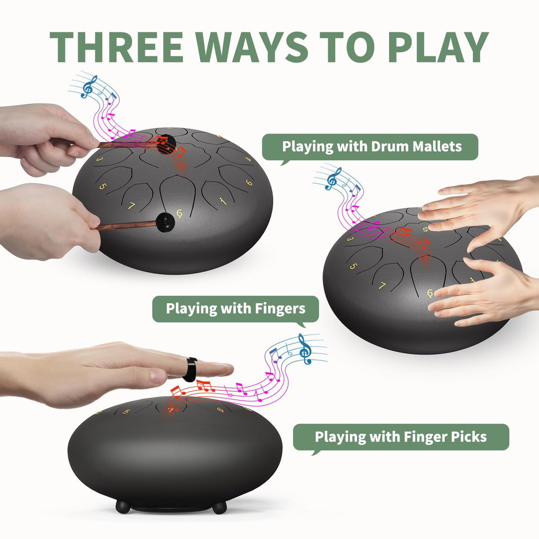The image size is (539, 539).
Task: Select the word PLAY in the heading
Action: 438,47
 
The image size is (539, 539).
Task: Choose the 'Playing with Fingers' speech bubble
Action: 235,309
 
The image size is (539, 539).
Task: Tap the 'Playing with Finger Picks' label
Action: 401,437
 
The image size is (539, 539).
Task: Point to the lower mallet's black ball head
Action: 165,222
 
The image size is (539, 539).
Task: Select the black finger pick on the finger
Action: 190,369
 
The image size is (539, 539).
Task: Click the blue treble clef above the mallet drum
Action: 89,87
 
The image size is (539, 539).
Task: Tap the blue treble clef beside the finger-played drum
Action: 333,179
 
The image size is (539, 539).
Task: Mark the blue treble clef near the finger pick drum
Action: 305,349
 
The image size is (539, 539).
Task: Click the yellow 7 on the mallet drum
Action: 131,206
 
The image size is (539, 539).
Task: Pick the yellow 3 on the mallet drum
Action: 99,159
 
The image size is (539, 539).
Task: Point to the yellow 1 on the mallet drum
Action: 223,201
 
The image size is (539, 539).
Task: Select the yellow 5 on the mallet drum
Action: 103,186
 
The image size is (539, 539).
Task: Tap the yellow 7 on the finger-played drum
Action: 382,286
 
